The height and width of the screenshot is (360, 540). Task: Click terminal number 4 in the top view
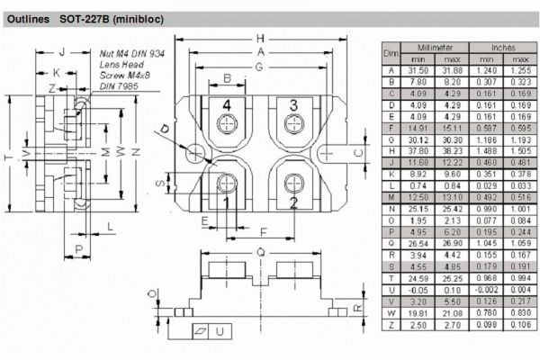(226, 106)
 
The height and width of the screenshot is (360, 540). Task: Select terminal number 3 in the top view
(292, 106)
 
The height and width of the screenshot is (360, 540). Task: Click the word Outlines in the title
(31, 18)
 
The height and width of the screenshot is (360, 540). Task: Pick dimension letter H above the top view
(260, 39)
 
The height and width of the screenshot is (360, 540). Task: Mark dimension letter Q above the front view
(260, 253)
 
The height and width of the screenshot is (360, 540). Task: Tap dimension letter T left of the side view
(9, 159)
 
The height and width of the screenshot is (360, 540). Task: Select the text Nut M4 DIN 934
(131, 54)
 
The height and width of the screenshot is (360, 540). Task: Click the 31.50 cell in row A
(418, 70)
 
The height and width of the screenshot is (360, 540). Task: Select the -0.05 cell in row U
(418, 290)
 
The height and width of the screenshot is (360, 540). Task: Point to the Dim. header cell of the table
(391, 52)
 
